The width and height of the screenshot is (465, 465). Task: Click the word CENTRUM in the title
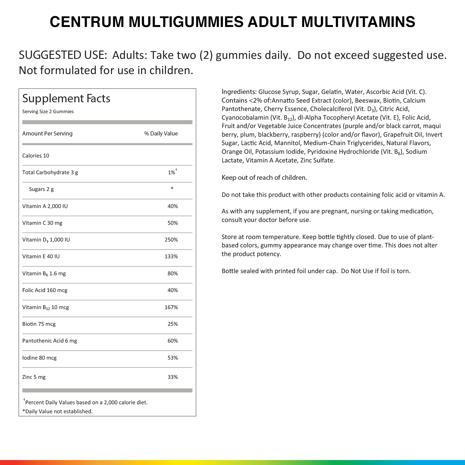click(87, 22)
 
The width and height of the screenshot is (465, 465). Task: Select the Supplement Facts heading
click(66, 99)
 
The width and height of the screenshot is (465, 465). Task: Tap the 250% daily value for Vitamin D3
click(171, 240)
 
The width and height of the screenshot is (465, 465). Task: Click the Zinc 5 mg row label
click(34, 377)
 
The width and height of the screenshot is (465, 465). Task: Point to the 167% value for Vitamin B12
click(171, 307)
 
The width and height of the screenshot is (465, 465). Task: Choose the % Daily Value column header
click(161, 134)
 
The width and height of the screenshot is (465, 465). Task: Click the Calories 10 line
click(36, 156)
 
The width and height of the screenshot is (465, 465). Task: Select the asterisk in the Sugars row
click(172, 188)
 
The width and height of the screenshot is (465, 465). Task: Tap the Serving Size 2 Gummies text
click(48, 112)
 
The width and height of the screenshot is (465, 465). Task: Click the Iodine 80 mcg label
click(39, 358)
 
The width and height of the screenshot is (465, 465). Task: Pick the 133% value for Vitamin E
click(171, 256)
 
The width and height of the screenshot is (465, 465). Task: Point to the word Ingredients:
click(239, 92)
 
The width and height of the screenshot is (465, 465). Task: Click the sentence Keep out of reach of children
click(264, 178)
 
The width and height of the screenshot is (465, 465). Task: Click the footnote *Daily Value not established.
click(57, 411)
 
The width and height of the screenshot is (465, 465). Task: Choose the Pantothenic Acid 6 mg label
click(50, 341)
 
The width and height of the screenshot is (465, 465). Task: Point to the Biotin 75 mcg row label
click(39, 324)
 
